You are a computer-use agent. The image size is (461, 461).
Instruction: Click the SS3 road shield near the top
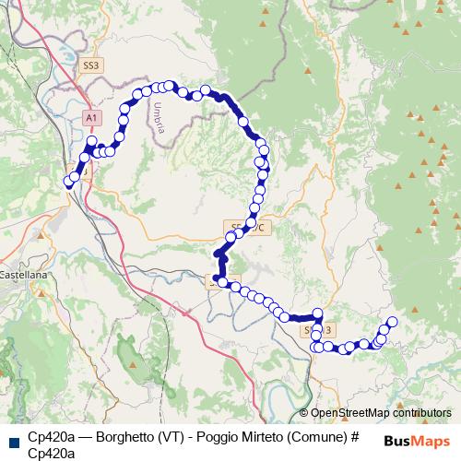(x=91, y=66)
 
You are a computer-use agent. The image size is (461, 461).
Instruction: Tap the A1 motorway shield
(x=91, y=119)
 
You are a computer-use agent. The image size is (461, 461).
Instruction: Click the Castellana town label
(x=22, y=276)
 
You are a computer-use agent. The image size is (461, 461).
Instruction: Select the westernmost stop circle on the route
(x=67, y=183)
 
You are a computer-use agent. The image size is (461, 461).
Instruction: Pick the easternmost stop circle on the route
(x=392, y=322)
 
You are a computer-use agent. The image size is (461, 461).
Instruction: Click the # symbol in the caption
(x=354, y=437)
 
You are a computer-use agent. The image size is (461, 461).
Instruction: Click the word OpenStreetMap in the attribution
(x=350, y=413)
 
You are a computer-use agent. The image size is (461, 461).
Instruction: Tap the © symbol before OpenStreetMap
(x=304, y=413)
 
